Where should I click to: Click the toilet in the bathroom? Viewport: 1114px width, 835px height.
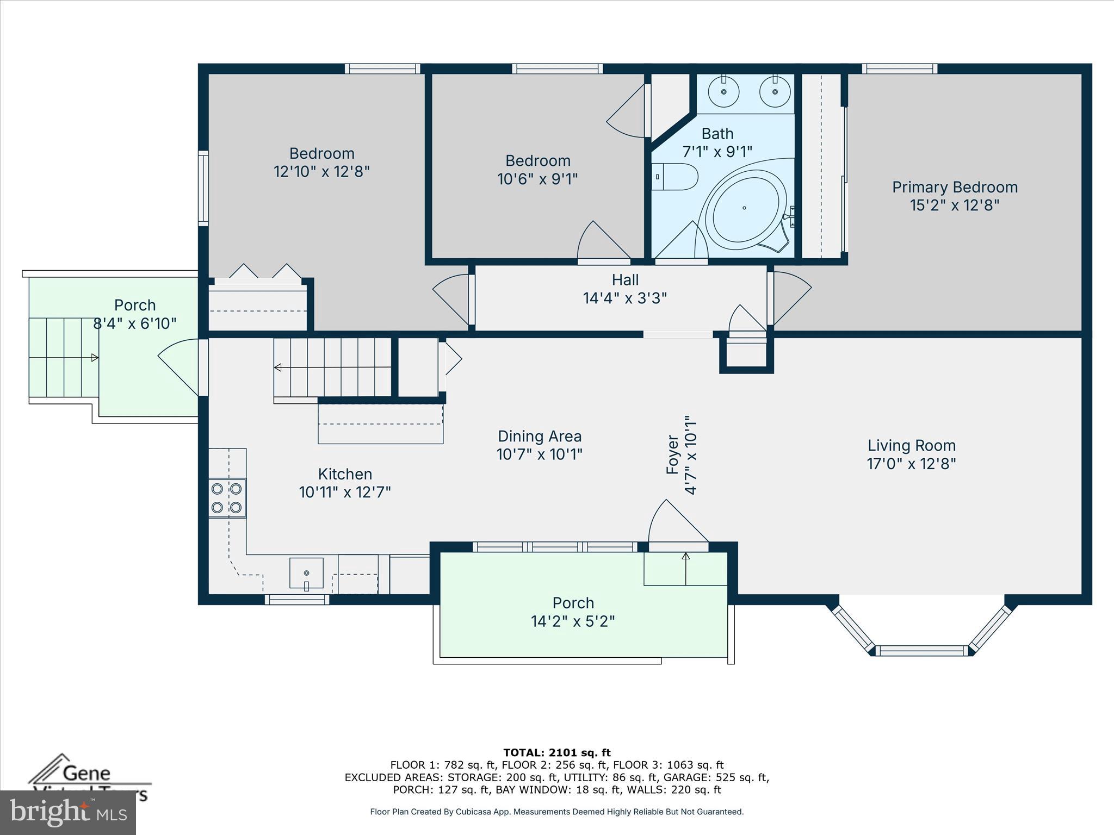pyautogui.click(x=676, y=177)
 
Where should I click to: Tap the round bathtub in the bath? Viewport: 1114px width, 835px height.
pyautogui.click(x=744, y=208)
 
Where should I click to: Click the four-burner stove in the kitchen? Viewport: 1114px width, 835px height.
pyautogui.click(x=227, y=498)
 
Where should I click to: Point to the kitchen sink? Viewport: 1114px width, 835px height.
pyautogui.click(x=306, y=573)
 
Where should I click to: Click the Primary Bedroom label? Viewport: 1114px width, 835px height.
pyautogui.click(x=955, y=187)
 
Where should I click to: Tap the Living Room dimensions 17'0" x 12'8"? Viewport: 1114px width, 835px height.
pyautogui.click(x=911, y=464)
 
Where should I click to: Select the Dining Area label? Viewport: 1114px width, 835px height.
pyautogui.click(x=540, y=436)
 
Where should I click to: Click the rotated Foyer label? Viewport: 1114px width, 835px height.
pyautogui.click(x=673, y=454)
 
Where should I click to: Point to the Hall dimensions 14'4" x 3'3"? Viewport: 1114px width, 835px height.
pyautogui.click(x=624, y=298)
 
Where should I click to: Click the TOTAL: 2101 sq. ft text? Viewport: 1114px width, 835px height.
pyautogui.click(x=557, y=753)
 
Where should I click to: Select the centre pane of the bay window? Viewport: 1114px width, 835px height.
pyautogui.click(x=921, y=650)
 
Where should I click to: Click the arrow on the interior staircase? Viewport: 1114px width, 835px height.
pyautogui.click(x=277, y=367)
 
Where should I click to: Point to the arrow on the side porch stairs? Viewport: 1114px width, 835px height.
pyautogui.click(x=95, y=358)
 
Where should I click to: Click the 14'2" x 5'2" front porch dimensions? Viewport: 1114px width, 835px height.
pyautogui.click(x=573, y=621)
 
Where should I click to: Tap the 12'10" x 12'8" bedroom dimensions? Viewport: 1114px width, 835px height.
pyautogui.click(x=321, y=172)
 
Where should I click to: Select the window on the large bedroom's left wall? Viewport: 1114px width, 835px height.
pyautogui.click(x=203, y=188)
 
